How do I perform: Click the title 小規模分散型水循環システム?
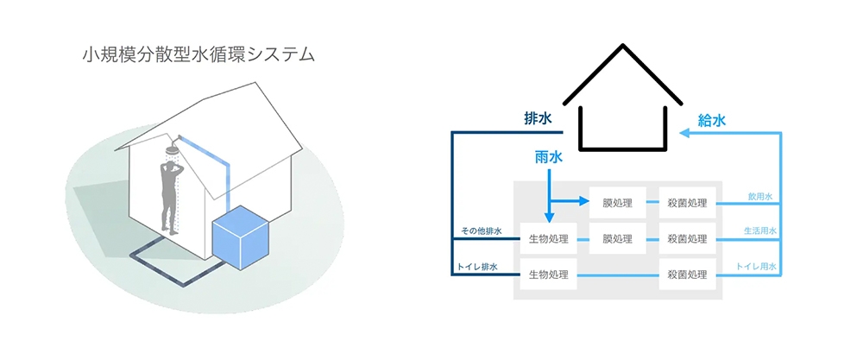point(198,55)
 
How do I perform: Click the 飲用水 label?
point(760,197)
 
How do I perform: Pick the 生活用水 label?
point(760,231)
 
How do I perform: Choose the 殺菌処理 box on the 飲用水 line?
point(688,204)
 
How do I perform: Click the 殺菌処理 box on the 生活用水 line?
point(688,239)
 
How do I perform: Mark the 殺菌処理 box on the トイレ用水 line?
point(688,275)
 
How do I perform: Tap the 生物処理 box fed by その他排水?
point(547,239)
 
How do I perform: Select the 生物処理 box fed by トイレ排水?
point(547,275)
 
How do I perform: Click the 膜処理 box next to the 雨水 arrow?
point(618,204)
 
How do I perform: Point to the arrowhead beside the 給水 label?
point(683,133)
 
